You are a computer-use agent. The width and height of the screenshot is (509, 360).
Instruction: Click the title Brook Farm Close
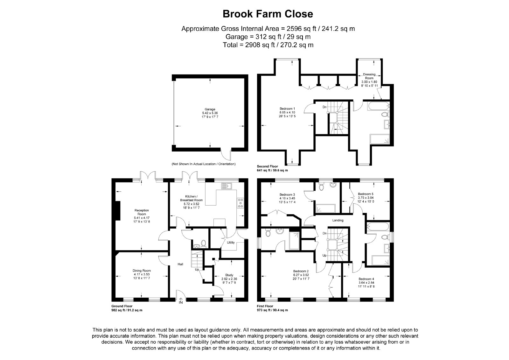(268, 14)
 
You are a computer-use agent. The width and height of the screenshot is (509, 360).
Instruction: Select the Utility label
(231, 243)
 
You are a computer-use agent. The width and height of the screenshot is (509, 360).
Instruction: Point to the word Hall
(180, 264)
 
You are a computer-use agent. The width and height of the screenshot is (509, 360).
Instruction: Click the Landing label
(338, 220)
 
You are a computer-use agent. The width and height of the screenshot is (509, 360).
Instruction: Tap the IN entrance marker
(181, 302)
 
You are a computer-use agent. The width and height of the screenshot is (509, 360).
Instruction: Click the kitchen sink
(226, 186)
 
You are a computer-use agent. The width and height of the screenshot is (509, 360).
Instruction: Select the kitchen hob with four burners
(241, 203)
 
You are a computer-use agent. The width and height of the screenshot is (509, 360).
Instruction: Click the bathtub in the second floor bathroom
(379, 106)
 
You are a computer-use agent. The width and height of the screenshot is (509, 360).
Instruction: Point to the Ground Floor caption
(122, 306)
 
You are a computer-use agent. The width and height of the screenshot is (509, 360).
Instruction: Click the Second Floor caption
(268, 166)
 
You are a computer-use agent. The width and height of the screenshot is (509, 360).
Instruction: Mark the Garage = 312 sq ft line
(268, 37)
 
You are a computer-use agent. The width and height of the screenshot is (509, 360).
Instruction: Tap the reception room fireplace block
(117, 211)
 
